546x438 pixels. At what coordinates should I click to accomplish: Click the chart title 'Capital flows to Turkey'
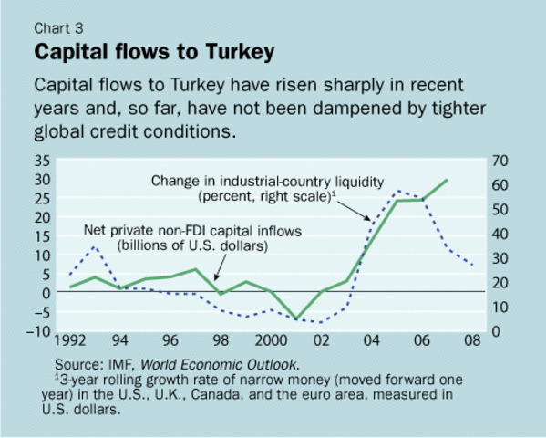pyautogui.click(x=153, y=52)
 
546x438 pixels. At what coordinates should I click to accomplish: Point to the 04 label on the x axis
pyautogui.click(x=372, y=342)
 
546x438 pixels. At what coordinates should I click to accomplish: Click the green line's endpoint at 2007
pyautogui.click(x=448, y=180)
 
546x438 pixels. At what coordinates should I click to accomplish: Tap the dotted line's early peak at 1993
pyautogui.click(x=95, y=246)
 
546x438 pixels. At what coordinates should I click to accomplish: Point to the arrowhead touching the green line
pyautogui.click(x=215, y=282)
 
